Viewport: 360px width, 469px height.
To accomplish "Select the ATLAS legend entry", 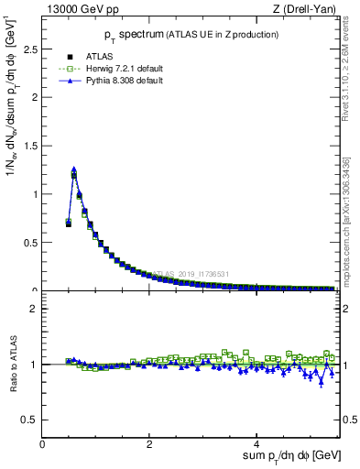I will tap(99, 56).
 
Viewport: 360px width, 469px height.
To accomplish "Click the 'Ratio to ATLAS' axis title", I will tap(13, 365).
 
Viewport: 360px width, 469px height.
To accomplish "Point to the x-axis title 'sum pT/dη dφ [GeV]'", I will tap(291, 456).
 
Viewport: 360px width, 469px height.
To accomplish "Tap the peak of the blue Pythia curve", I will tap(73, 169).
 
